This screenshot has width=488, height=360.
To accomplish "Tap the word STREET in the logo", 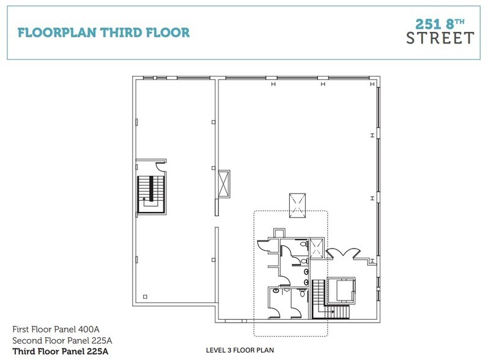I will click(440, 38).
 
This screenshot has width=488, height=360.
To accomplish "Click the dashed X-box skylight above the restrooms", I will click(298, 204).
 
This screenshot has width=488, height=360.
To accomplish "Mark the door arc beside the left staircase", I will click(160, 166).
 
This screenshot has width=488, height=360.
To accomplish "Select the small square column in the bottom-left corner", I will click(144, 297).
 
